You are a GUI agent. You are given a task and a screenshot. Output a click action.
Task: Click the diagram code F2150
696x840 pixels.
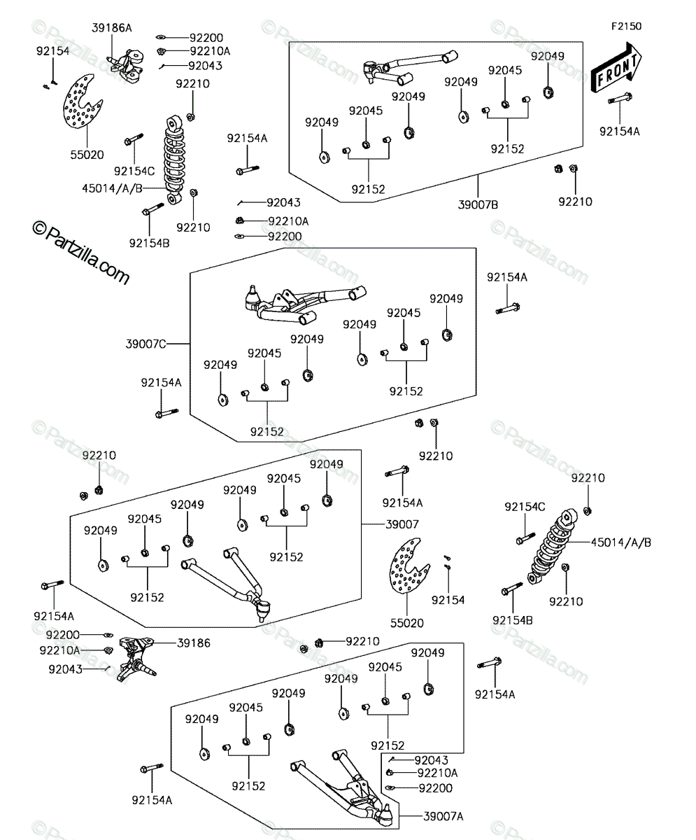pyautogui.click(x=626, y=27)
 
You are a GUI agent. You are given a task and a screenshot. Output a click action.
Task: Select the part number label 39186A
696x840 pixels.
pyautogui.click(x=112, y=28)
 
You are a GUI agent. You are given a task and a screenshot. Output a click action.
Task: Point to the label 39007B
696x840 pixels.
pyautogui.click(x=478, y=205)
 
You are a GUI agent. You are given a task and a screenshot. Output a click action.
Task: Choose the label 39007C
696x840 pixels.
pyautogui.click(x=145, y=344)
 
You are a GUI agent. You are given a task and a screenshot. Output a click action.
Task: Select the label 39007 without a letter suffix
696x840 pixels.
pyautogui.click(x=402, y=524)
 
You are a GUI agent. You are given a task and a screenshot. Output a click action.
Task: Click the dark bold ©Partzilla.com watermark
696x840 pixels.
pyautogui.click(x=81, y=253)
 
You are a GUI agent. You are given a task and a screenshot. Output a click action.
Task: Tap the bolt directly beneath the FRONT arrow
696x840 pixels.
pyautogui.click(x=620, y=99)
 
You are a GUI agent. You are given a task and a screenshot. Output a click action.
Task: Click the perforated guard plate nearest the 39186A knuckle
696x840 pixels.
pyautogui.click(x=83, y=101)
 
